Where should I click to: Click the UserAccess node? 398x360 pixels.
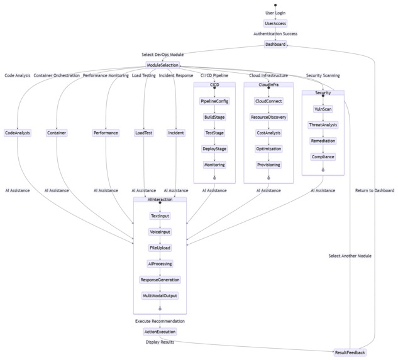[275, 23]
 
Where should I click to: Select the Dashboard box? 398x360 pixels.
[275, 44]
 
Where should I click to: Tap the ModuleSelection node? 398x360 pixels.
[163, 65]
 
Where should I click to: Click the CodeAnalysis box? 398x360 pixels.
[18, 133]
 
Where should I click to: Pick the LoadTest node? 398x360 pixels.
[144, 133]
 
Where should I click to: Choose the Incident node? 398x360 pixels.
[176, 133]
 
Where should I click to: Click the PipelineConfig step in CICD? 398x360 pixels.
[214, 101]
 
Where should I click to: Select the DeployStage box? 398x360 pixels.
[214, 149]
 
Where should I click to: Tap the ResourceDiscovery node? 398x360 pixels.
[268, 117]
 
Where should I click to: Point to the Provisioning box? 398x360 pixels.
[268, 165]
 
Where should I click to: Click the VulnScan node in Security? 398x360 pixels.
[323, 109]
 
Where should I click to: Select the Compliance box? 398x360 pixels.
[323, 156]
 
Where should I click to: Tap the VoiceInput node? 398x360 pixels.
[160, 232]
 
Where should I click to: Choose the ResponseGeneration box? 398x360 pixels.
[160, 280]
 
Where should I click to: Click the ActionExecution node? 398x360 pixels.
[160, 332]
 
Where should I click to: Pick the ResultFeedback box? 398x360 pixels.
[350, 352]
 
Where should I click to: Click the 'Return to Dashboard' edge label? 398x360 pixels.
[375, 190]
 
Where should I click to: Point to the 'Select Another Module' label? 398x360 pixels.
[350, 256]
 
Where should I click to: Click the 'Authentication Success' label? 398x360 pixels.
[275, 34]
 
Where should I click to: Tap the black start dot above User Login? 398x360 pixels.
[275, 4]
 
